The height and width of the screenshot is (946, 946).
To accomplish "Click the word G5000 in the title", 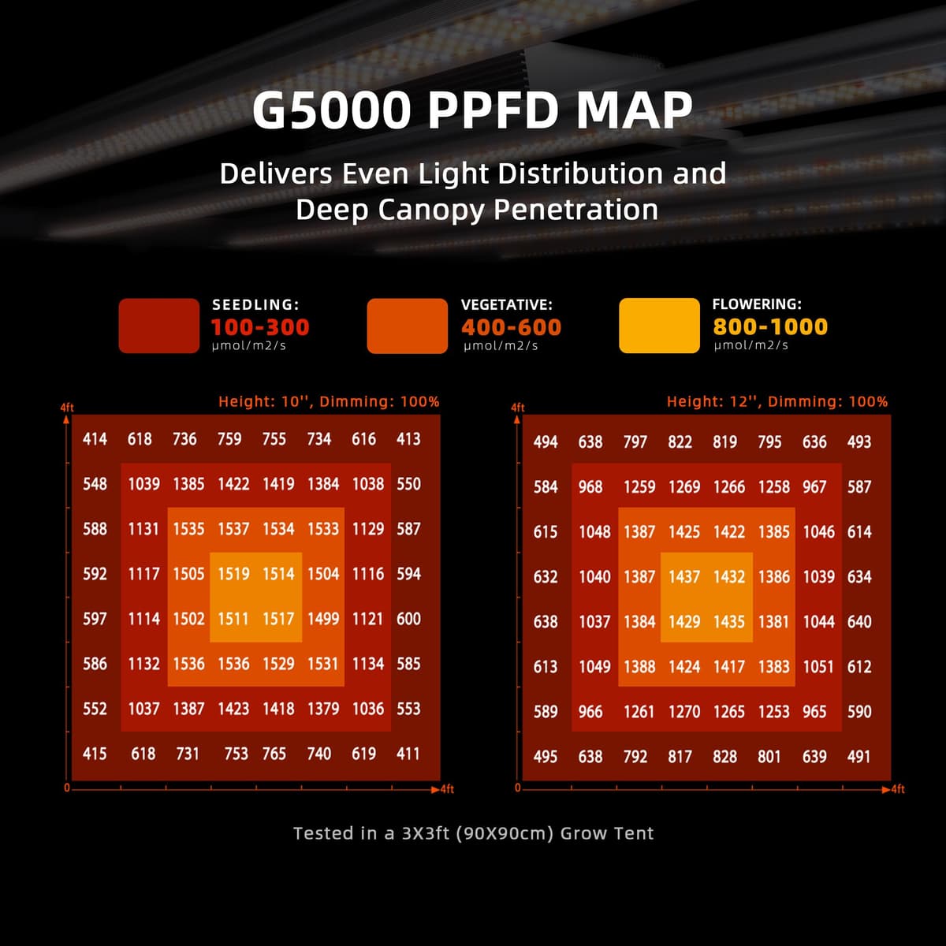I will tap(332, 111).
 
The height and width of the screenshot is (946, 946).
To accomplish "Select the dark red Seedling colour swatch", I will tap(158, 326).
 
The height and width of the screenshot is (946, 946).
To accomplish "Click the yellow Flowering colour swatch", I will tap(659, 326).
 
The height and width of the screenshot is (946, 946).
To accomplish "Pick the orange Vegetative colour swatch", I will tap(407, 326).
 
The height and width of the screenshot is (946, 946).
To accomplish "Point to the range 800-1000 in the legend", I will tap(770, 327).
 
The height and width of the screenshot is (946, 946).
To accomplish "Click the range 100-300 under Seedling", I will tap(260, 327).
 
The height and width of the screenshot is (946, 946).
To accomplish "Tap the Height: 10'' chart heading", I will tap(329, 401).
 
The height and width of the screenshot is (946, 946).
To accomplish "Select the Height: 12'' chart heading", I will tap(777, 401).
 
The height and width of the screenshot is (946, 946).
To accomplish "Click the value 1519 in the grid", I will tap(233, 574).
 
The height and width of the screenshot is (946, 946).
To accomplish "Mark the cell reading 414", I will tap(95, 439).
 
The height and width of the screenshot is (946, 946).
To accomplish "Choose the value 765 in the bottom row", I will tap(274, 754).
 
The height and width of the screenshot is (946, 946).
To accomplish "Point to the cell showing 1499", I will tap(323, 619).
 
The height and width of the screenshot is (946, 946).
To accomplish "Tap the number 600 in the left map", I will tap(408, 619).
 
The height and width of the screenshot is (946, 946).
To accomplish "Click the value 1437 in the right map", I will tap(684, 577).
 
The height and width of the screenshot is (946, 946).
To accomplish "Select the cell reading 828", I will tap(724, 757).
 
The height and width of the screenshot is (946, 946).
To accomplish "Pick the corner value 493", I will tap(858, 442).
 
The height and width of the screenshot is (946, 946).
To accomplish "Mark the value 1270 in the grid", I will tap(684, 712).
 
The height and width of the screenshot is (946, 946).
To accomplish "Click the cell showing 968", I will tap(590, 487).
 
